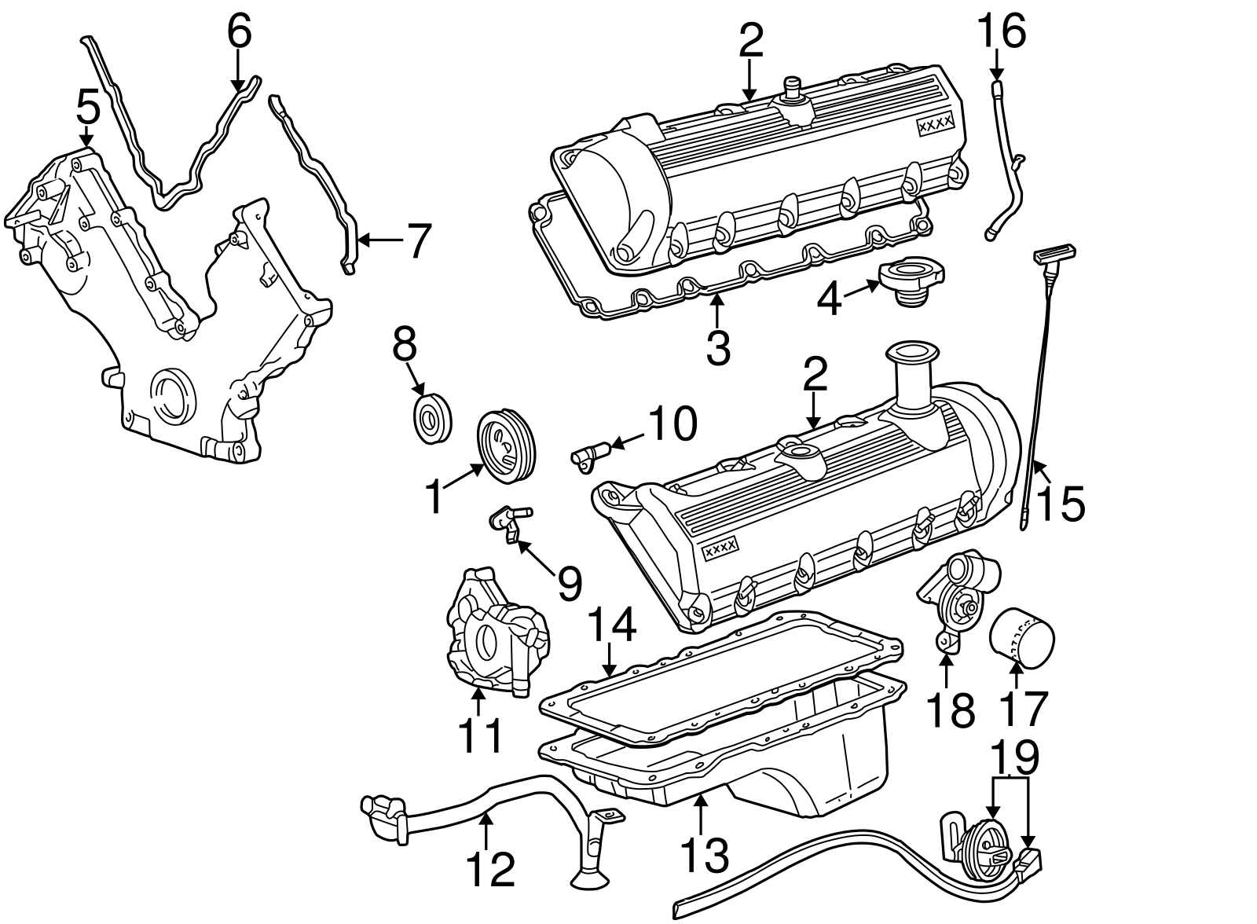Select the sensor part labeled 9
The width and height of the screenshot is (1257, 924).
508,519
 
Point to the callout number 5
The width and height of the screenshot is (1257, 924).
88,107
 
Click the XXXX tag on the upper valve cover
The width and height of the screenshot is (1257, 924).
935,124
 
